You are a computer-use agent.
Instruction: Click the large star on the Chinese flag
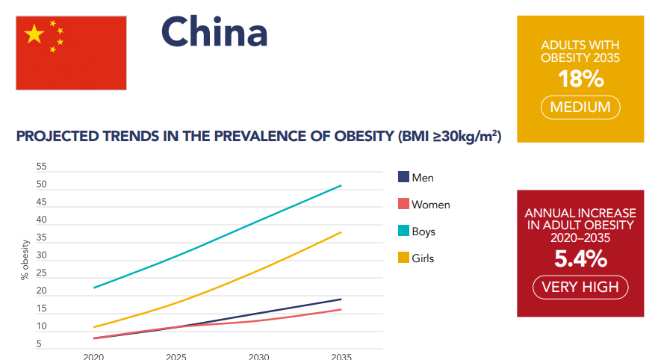tap(34, 34)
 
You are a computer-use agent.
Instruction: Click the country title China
tap(214, 32)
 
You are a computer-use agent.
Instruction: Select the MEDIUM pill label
tap(580, 108)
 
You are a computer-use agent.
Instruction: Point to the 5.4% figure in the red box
tap(580, 259)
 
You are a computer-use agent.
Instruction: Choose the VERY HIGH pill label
tap(580, 287)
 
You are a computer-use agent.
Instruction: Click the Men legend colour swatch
tap(403, 178)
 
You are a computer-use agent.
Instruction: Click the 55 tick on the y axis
tap(40, 167)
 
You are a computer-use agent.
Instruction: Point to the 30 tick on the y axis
tap(40, 255)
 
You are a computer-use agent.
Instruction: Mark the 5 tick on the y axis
tap(40, 344)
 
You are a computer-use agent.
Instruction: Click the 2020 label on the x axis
tap(93, 356)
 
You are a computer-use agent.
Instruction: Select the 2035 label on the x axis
tap(341, 356)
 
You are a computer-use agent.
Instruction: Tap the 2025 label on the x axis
tap(176, 356)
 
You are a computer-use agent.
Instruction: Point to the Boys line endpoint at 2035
tap(341, 185)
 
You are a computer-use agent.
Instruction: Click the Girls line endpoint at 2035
tap(341, 232)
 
